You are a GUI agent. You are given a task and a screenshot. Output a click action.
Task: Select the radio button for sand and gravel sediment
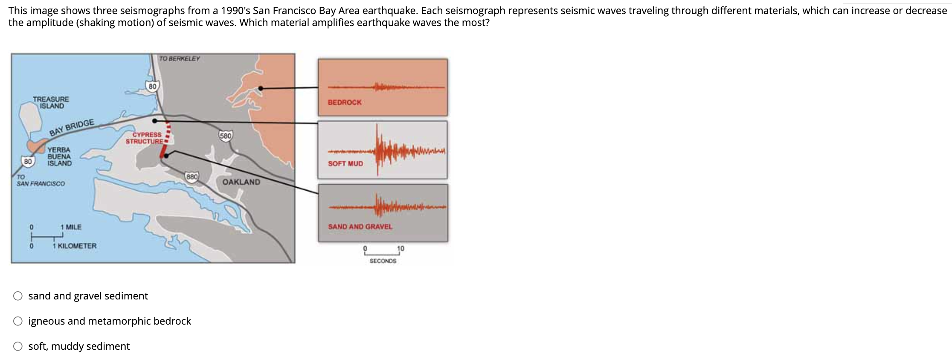[x=18, y=296]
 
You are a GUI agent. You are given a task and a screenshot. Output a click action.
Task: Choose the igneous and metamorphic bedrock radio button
[x=18, y=321]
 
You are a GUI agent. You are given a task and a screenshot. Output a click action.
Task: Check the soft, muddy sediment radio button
[x=18, y=346]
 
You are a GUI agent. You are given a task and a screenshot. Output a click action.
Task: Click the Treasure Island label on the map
[x=51, y=102]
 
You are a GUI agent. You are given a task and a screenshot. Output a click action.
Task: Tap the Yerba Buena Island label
[x=59, y=157]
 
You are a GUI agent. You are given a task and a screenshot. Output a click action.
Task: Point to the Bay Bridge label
[x=72, y=128]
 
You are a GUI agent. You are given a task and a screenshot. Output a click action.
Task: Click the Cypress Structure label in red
[x=144, y=138]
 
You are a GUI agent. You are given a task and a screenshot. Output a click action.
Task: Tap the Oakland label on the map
[x=241, y=182]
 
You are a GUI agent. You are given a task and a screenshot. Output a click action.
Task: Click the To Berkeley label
[x=180, y=59]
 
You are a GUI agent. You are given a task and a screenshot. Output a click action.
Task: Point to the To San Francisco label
[x=41, y=180]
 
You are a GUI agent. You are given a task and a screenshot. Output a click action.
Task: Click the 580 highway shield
[x=226, y=136]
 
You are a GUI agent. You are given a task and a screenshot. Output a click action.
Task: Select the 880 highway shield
[x=192, y=177]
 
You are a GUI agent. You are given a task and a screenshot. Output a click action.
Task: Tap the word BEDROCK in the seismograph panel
[x=345, y=102]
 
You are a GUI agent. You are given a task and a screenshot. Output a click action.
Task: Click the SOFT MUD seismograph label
[x=345, y=164]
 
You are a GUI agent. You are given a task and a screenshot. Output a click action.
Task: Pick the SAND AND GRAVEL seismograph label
[x=360, y=227]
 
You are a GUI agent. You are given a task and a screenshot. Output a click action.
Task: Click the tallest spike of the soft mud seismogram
[x=377, y=150]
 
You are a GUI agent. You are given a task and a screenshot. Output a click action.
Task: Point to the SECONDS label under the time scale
[x=383, y=261]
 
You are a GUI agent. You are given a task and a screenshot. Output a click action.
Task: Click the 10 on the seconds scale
[x=401, y=248]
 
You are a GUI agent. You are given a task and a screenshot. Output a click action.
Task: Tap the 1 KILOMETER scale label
[x=75, y=246]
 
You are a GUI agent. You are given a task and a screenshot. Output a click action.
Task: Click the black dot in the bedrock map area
[x=261, y=88]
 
